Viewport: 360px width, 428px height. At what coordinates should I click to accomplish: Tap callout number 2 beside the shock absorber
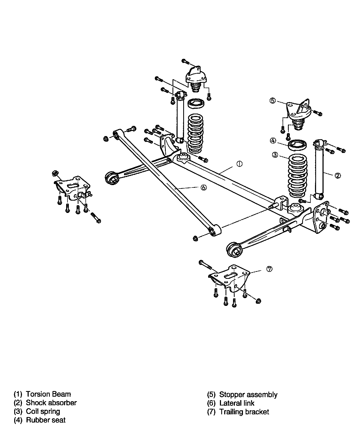coord(337,175)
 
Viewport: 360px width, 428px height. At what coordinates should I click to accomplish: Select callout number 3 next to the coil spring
coord(275,155)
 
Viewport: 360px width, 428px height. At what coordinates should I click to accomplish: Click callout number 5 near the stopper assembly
coord(272,101)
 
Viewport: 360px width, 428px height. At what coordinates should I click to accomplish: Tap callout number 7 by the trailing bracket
coord(269,269)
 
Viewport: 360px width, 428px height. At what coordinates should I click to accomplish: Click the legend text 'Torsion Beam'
coord(48,394)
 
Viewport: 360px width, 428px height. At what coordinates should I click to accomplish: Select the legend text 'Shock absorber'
coord(51,403)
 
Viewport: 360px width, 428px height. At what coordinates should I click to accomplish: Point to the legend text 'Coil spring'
coord(43,411)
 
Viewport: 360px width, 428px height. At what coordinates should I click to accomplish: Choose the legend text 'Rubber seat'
coord(46,420)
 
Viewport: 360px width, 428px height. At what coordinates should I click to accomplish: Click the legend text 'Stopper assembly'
coord(248,395)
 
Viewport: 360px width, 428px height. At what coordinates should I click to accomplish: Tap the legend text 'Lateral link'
coord(237,403)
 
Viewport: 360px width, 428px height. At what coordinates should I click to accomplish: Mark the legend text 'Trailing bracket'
coord(244,412)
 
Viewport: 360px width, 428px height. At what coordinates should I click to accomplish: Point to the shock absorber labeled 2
coord(320,169)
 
